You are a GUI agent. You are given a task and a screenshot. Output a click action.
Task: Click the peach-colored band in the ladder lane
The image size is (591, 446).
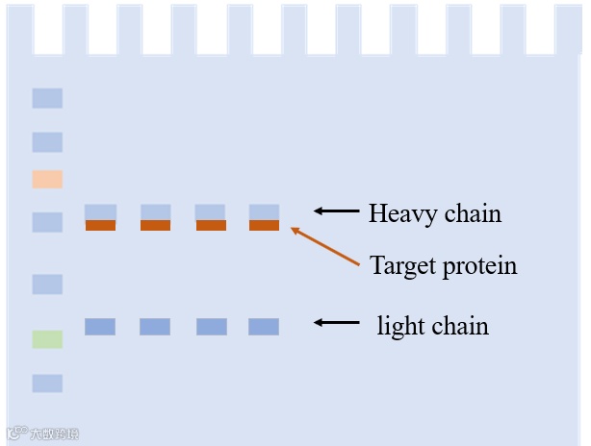pos(47,179)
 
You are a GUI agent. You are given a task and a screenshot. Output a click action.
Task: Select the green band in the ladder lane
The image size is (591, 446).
pos(47,338)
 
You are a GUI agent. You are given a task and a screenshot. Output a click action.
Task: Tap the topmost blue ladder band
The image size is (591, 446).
pos(47,98)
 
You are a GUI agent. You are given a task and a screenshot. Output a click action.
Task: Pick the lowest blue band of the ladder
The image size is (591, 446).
pos(47,384)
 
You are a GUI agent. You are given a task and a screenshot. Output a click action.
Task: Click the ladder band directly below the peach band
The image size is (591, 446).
pos(47,222)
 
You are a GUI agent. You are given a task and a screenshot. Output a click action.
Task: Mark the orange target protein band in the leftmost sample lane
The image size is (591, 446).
pos(100,225)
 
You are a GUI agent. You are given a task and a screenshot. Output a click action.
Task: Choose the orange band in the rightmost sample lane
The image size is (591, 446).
pos(264,225)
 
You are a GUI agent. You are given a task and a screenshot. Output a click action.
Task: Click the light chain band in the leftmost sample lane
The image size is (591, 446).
pos(100,327)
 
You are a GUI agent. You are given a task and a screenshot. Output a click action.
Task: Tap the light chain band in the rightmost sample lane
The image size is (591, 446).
pos(264,327)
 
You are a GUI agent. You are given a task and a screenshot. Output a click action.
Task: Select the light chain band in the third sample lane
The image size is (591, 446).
pos(212,327)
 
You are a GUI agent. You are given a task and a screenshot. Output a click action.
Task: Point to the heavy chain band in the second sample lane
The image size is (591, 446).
pos(156,211)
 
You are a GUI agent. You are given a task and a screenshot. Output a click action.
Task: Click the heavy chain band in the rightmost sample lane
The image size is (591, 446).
pos(264,211)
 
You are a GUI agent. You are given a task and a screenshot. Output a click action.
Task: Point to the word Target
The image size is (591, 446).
pos(401,265)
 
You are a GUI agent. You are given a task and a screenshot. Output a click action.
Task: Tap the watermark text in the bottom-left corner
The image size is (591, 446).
pos(44,434)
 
